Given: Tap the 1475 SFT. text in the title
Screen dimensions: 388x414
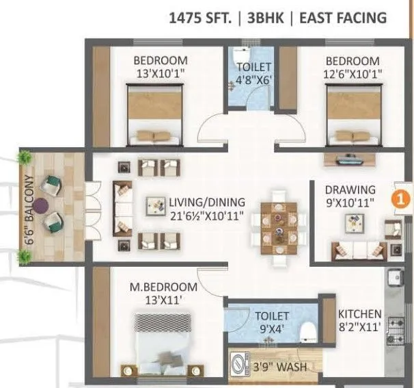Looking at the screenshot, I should click(201, 17).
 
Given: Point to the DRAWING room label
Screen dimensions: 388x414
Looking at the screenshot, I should click(350, 190).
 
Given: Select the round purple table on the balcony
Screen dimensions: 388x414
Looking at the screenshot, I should click(42, 203).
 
